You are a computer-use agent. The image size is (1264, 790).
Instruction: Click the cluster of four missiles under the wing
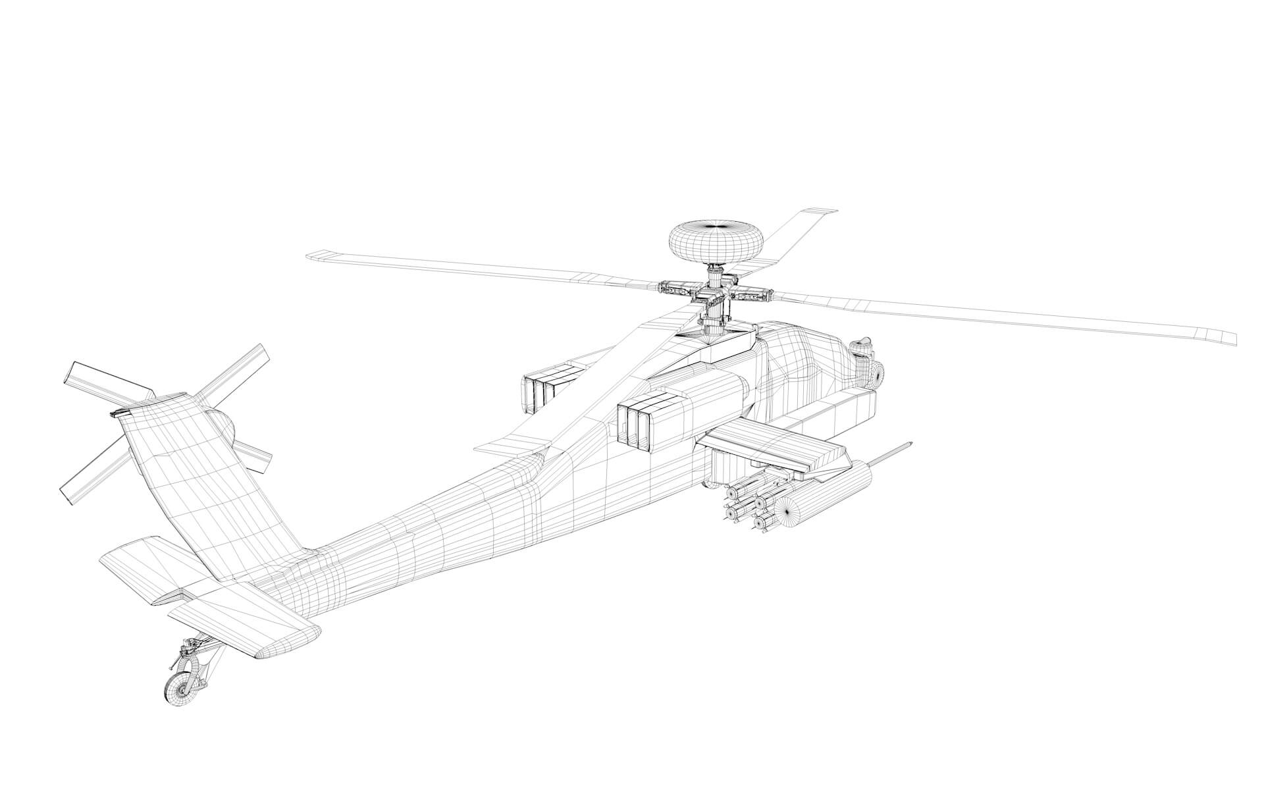pyautogui.click(x=747, y=507)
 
